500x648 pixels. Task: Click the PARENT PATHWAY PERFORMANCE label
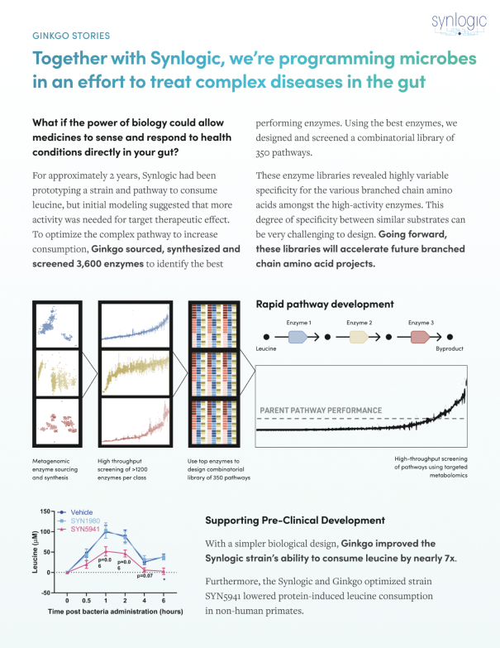coord(321,410)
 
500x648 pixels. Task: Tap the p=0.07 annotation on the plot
coord(145,574)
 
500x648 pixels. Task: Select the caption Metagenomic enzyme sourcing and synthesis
coord(58,471)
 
